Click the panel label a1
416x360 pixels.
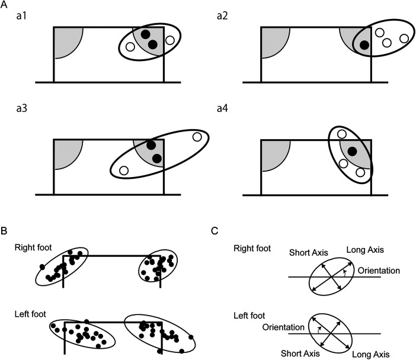pos(21,16)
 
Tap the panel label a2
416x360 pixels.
pos(222,16)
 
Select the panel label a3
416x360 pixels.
pos(21,108)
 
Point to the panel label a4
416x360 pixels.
pos(222,108)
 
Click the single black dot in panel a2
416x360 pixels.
pos(364,45)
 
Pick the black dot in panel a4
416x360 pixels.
pos(353,152)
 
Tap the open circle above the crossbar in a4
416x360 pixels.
pos(342,134)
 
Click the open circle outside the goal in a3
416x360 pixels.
pos(197,137)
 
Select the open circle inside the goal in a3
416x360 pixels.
pos(124,171)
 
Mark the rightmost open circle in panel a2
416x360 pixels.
pos(404,38)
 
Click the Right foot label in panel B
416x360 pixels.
pos(33,247)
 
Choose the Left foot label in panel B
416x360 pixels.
pos(30,314)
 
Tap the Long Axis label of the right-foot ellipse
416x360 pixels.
pos(365,250)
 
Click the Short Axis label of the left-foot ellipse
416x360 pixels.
pos(300,353)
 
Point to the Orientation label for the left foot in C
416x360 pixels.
pos(283,327)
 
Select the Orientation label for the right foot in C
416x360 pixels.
pos(379,271)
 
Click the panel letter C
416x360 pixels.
pos(215,231)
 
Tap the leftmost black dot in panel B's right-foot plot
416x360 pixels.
pos(42,266)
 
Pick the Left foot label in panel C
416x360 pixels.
pos(249,316)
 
